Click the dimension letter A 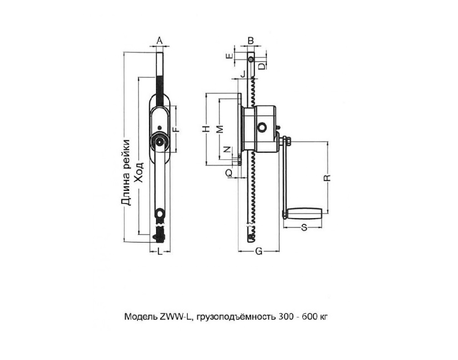(x=160, y=41)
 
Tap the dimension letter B (x=250, y=41)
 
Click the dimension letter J (x=243, y=73)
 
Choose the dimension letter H (x=206, y=129)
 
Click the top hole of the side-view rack (x=251, y=59)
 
